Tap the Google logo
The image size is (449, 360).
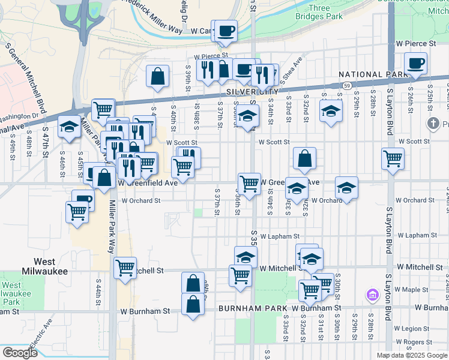[20, 353]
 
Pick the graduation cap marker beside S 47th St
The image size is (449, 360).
[70, 127]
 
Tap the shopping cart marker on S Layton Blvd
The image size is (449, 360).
[393, 159]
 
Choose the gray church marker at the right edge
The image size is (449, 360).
[433, 124]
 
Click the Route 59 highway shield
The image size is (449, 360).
[347, 86]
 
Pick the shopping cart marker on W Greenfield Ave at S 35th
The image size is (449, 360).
[249, 183]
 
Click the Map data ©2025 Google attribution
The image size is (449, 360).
[412, 355]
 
